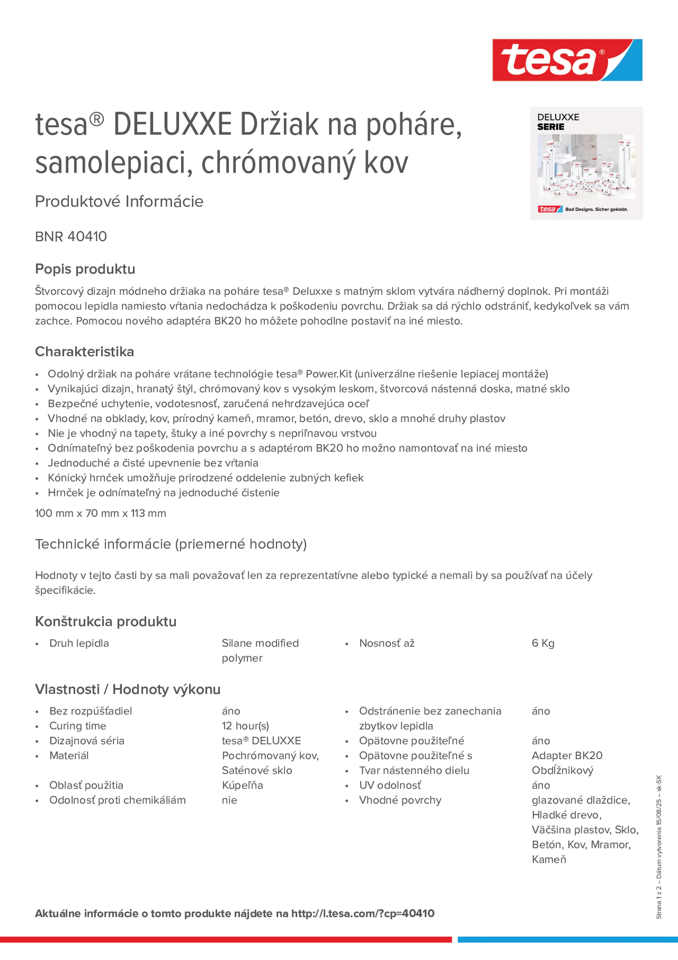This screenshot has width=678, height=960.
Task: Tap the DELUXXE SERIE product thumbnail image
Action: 586,164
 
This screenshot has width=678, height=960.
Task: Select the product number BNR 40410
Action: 71,236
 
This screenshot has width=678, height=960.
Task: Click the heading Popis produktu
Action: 85,269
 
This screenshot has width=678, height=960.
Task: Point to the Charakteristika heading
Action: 84,352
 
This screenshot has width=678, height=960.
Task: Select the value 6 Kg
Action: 543,643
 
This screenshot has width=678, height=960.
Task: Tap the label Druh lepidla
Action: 79,643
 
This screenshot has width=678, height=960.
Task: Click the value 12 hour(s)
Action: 245,726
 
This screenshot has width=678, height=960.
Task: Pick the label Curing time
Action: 78,726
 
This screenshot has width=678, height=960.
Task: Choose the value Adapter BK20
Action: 567,755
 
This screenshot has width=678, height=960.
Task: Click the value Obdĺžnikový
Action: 562,770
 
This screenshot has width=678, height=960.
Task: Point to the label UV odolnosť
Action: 390,785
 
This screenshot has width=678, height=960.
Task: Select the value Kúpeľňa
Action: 243,785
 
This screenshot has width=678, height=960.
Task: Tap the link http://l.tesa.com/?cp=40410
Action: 363,914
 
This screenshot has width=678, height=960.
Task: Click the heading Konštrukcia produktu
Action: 106,621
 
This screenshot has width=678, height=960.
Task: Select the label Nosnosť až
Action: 387,643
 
